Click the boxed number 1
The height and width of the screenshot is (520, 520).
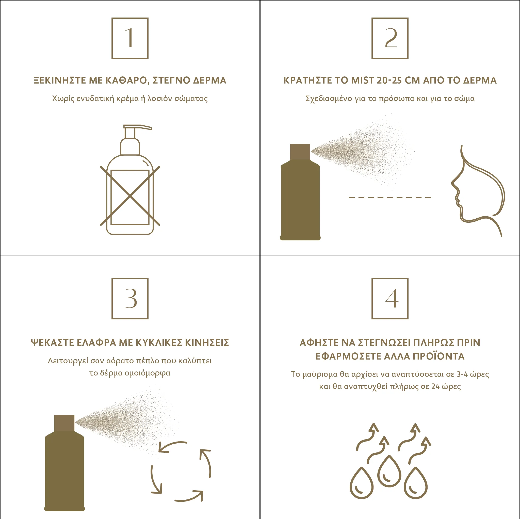pos(130,38)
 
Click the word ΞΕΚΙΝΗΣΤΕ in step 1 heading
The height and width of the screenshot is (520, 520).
pos(59,80)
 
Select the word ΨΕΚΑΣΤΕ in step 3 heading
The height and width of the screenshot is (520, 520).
pos(53,342)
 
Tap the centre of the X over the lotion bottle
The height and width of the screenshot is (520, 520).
pos(130,196)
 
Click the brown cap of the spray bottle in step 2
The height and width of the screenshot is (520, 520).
pos(300,152)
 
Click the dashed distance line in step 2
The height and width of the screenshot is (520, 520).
pos(390,197)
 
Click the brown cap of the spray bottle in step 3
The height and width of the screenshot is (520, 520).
pos(64,423)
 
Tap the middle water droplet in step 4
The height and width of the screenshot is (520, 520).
pos(389,471)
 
